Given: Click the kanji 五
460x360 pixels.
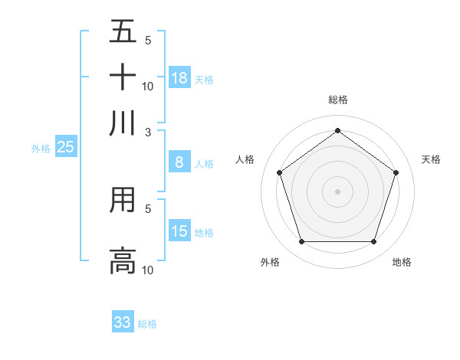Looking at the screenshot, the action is (123, 32).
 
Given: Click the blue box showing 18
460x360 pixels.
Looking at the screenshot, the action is (179, 78).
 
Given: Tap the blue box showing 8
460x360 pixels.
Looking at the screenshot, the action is (179, 162).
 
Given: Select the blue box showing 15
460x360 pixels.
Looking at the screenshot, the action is (179, 231).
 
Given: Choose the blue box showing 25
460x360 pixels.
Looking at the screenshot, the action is (65, 147).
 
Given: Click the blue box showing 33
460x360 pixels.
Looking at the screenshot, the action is (123, 322).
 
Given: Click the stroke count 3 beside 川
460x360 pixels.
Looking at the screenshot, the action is (149, 131).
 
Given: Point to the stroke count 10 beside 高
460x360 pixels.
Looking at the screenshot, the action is (148, 270).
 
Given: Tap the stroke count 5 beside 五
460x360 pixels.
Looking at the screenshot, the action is (148, 41).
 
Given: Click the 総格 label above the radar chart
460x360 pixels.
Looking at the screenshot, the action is (337, 100).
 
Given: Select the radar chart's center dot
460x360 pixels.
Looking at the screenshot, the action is (337, 191).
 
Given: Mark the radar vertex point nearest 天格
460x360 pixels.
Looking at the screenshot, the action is (396, 172).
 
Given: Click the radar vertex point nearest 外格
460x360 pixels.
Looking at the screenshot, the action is (301, 242).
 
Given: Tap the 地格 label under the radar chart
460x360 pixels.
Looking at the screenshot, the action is (402, 262).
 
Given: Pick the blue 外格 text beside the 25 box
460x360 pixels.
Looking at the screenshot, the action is (40, 149).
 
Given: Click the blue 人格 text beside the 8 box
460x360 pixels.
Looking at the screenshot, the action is (204, 164).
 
